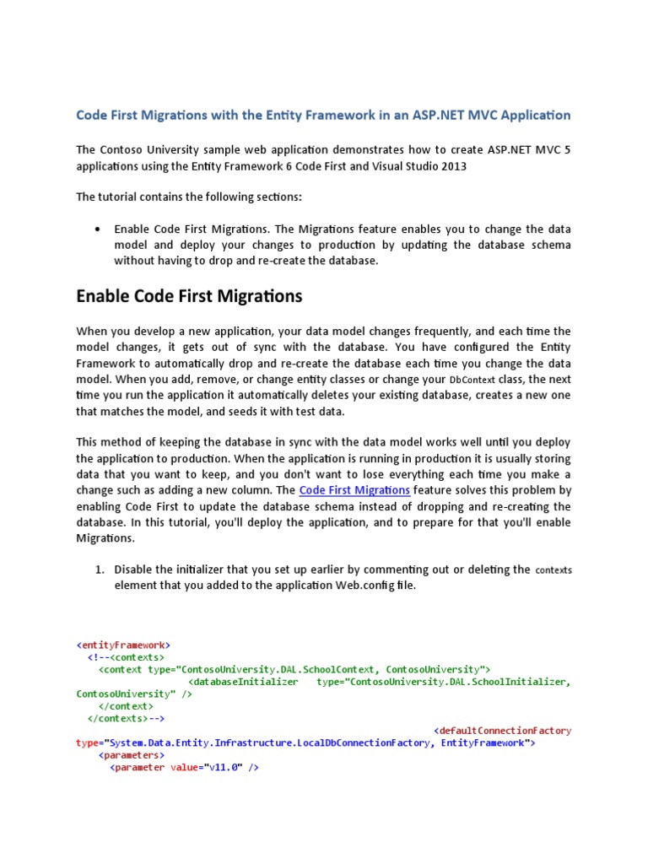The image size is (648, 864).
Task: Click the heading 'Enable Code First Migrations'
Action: click(189, 296)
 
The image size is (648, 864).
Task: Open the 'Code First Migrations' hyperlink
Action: click(354, 490)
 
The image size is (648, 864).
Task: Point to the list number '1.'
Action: click(99, 570)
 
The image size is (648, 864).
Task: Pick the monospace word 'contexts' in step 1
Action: click(553, 570)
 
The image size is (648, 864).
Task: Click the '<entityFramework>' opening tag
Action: click(123, 645)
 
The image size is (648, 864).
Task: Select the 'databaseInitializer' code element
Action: click(245, 682)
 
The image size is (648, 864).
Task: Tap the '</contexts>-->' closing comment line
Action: click(126, 719)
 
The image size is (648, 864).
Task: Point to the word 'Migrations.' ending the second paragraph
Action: click(105, 538)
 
